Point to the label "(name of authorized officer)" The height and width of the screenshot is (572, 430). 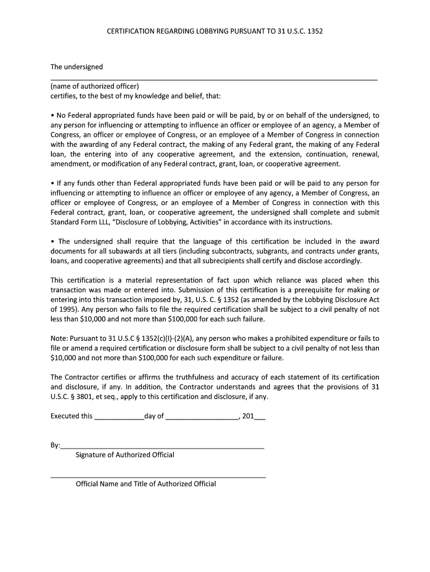click(94, 86)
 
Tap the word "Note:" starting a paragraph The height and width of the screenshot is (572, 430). click(59, 339)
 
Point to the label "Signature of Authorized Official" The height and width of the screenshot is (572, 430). click(125, 455)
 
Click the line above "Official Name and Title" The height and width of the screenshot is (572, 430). click(158, 476)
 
